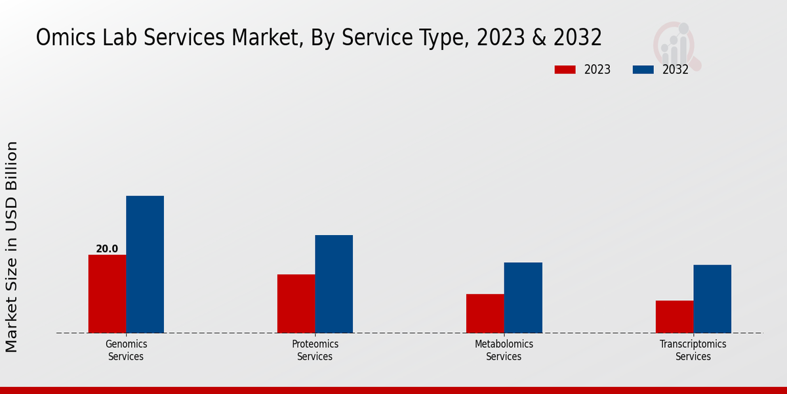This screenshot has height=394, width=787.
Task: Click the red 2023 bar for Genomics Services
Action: [x=107, y=294]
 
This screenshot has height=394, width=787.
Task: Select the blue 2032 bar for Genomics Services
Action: [x=145, y=264]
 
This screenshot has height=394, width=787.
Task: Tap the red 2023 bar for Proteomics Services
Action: [x=296, y=303]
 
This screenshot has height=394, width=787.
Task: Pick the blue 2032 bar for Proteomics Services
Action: [x=334, y=284]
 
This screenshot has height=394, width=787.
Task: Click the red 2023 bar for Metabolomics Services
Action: [x=485, y=313]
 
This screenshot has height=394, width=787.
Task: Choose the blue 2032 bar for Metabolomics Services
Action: [x=523, y=297]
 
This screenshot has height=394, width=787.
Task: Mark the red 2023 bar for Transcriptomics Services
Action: [x=674, y=317]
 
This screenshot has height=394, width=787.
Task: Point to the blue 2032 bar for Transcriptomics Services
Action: [x=712, y=299]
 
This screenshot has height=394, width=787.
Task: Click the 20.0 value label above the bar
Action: [x=107, y=249]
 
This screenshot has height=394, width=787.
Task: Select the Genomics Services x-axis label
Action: [x=126, y=350]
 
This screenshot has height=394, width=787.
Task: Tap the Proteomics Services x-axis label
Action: [x=315, y=350]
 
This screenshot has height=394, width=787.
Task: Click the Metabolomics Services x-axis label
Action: [x=504, y=350]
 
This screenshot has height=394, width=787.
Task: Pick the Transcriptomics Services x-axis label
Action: [x=693, y=350]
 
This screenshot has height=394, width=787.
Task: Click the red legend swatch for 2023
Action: [x=565, y=70]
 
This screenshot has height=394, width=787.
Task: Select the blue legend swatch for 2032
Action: [x=643, y=70]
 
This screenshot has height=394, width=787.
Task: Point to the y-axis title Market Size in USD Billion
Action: [x=12, y=246]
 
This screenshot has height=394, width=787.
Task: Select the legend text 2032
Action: [x=676, y=70]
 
